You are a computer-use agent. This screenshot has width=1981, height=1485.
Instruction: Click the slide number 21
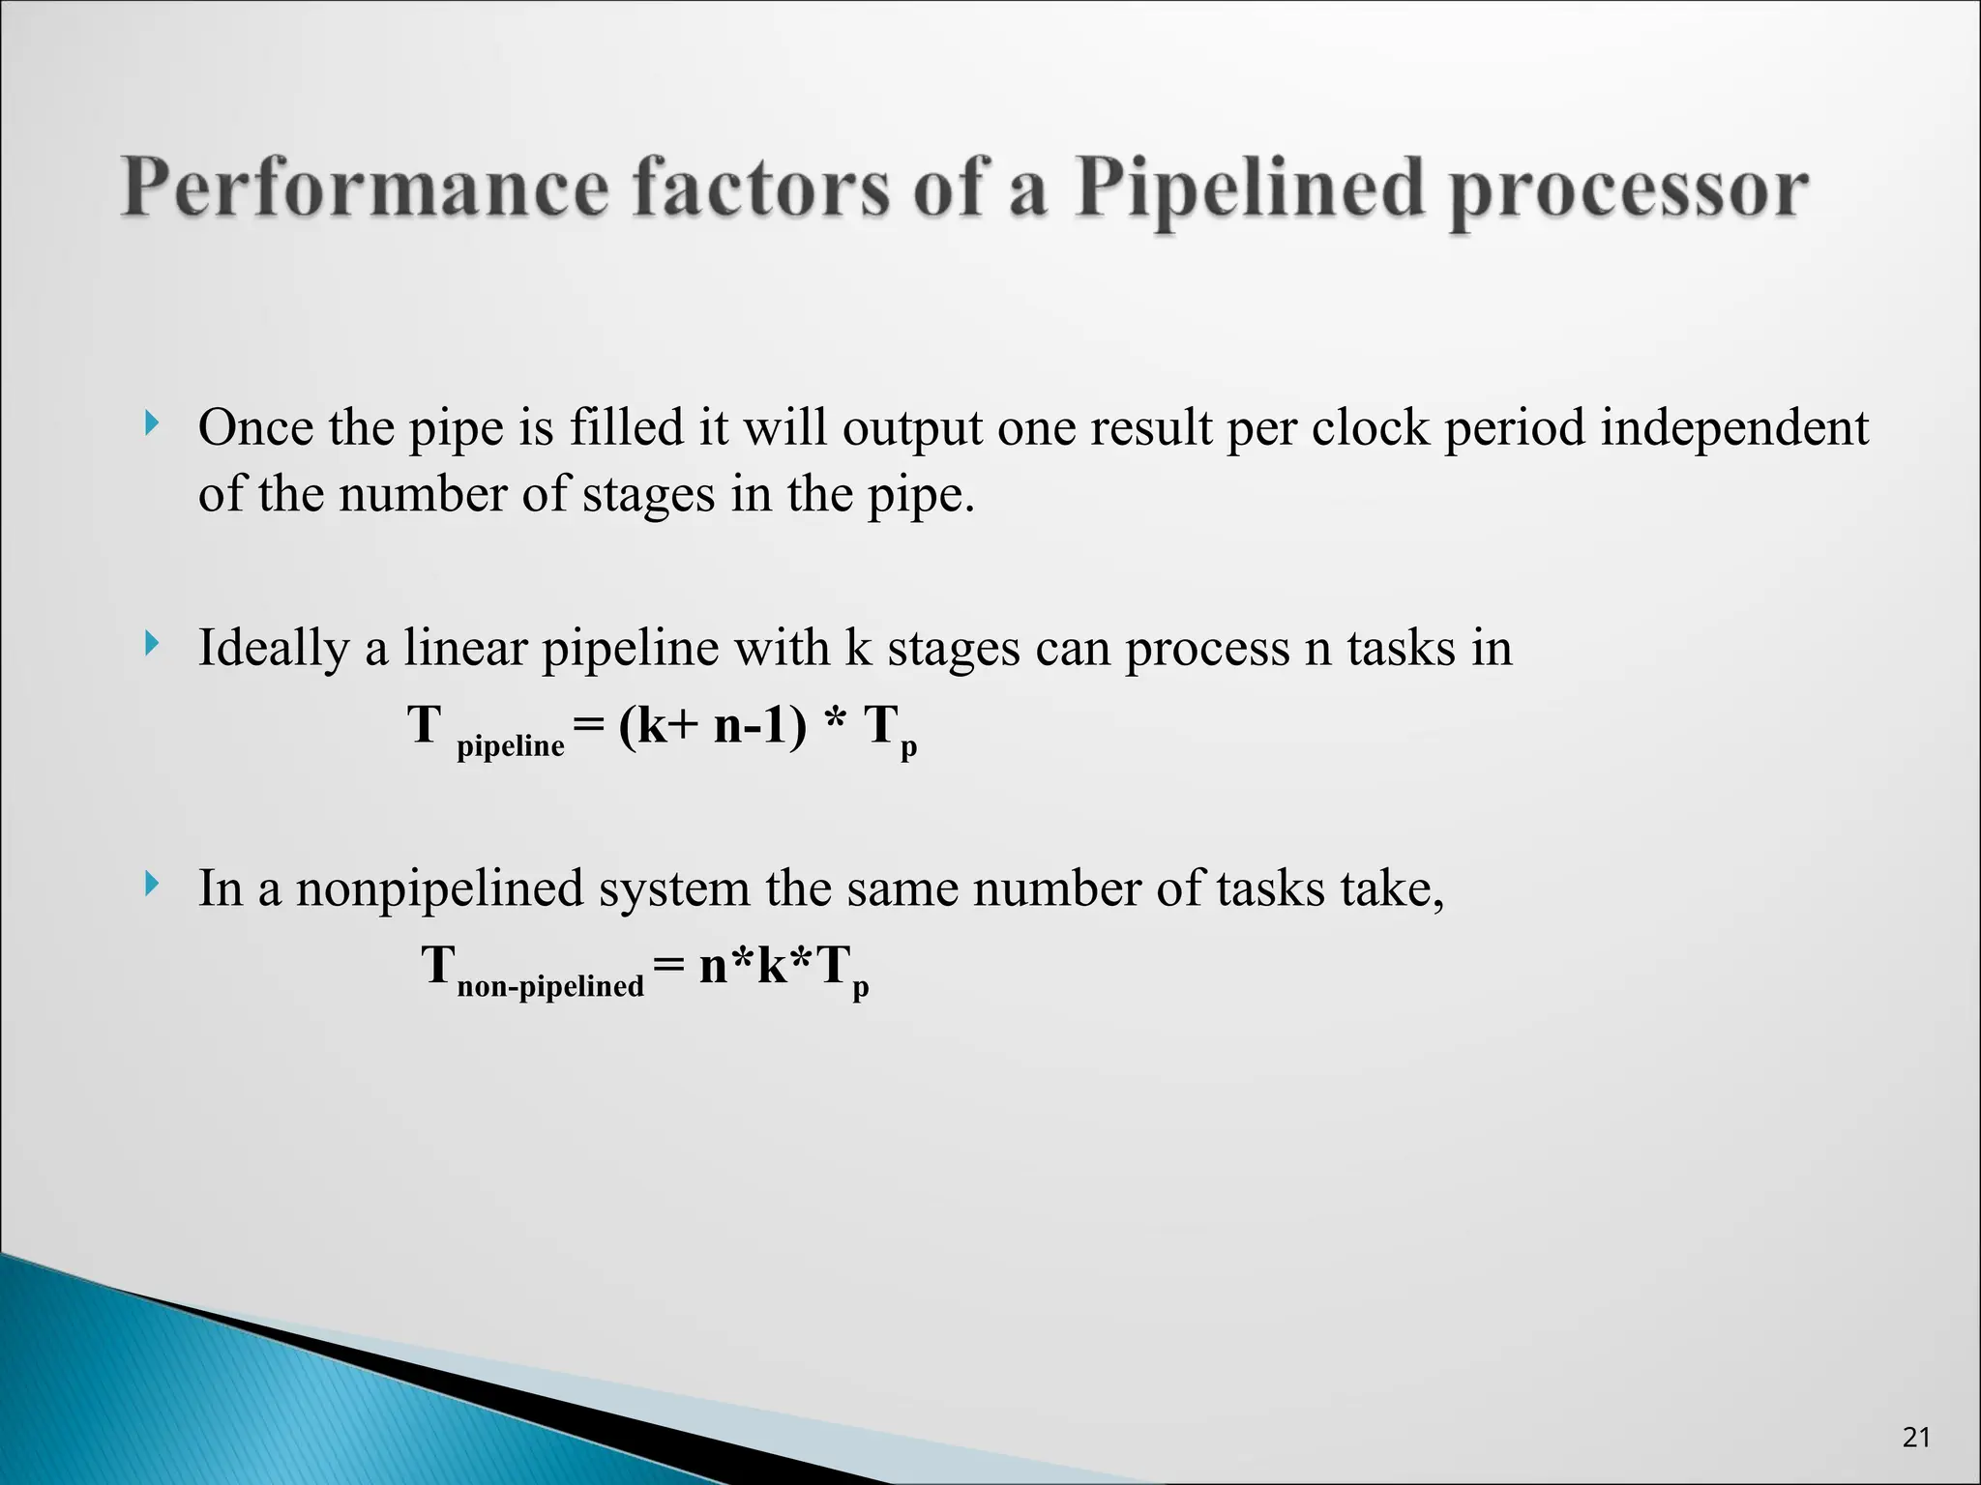pos(1916,1438)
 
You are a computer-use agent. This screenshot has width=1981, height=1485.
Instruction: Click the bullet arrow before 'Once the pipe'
pos(151,422)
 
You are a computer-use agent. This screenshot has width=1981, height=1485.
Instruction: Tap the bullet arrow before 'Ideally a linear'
pos(151,643)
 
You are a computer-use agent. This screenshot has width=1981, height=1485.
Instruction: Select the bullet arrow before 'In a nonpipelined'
pos(151,883)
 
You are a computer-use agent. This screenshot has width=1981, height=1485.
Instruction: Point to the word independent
pos(1733,426)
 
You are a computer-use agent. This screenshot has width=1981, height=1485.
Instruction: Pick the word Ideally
pos(273,648)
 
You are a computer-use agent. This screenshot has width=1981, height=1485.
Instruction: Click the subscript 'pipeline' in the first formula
pos(510,745)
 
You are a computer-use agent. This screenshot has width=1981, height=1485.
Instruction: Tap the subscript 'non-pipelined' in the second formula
pos(549,986)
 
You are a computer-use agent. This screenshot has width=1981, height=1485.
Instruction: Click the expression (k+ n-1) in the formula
pos(712,725)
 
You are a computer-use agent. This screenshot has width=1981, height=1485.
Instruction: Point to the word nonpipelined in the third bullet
pos(439,888)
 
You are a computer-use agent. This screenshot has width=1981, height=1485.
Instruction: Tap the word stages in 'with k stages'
pos(953,648)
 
